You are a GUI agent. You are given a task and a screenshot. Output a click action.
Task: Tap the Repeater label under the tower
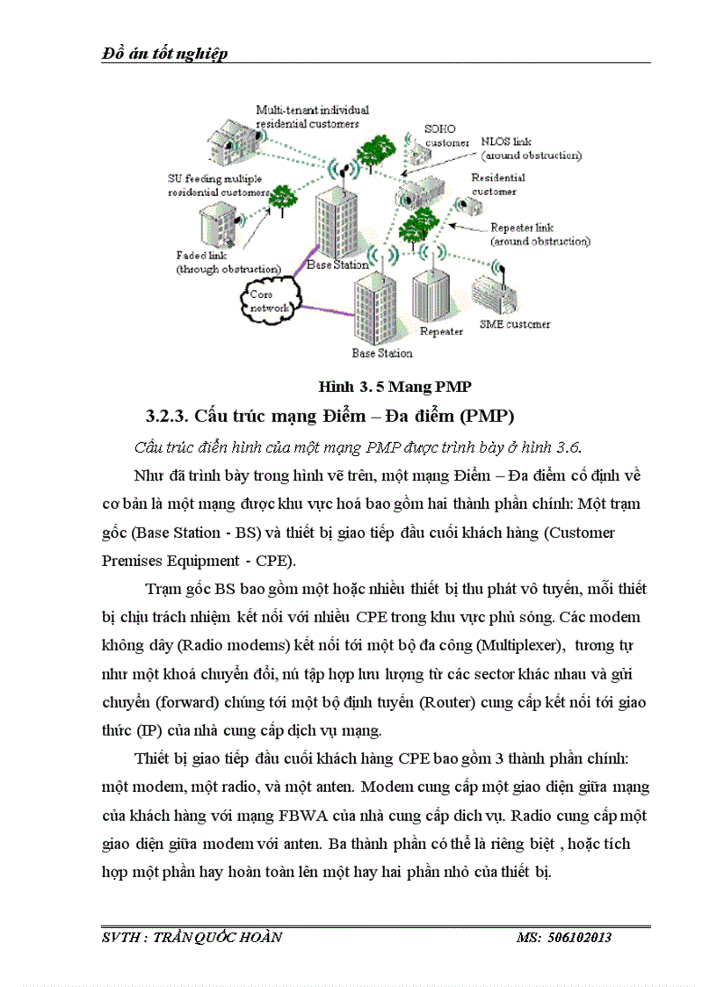tap(441, 332)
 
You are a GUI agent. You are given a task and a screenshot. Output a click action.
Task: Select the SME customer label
tap(515, 324)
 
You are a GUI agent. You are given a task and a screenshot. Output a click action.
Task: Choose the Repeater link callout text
tap(540, 234)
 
